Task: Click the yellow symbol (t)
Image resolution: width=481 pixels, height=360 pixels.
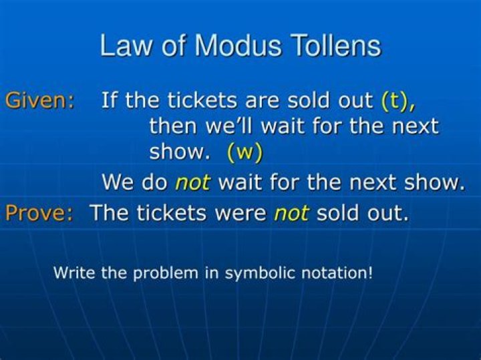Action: coord(398,101)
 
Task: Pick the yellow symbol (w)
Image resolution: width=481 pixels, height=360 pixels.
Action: coord(245,152)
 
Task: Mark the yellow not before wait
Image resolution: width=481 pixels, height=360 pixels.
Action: coord(192,182)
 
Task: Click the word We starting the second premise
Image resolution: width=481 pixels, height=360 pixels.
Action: coord(118,182)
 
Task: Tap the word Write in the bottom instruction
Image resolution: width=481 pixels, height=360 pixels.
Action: coord(75,273)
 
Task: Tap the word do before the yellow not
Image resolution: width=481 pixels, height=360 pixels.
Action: coord(155,182)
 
